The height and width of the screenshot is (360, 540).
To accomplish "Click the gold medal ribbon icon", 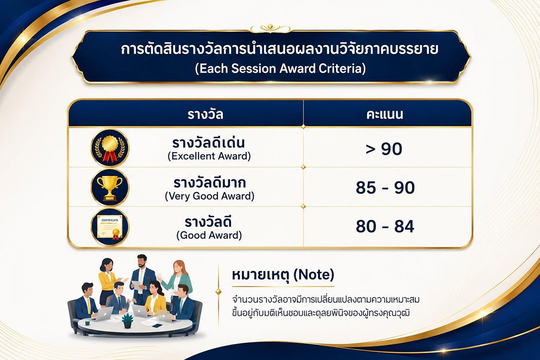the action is (110, 148).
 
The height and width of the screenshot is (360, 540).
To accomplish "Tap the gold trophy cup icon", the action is (110, 188).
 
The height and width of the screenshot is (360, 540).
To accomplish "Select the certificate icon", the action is (110, 227).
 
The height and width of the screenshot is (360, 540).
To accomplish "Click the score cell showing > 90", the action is (384, 149).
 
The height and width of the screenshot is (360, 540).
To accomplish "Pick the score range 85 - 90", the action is (385, 188).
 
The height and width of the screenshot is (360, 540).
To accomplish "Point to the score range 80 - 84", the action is (385, 226).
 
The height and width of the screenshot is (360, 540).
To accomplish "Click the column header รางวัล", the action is (205, 115).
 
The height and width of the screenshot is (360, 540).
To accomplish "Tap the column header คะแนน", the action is (385, 115).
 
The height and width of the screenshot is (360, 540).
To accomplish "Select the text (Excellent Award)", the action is (209, 156).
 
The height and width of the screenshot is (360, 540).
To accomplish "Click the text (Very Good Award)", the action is (210, 196).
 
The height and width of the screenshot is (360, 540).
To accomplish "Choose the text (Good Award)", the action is (209, 235).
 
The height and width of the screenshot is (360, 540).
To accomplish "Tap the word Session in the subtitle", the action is (254, 69).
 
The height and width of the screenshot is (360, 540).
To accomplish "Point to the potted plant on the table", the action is (127, 321).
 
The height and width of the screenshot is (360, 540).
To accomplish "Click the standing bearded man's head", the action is (142, 261).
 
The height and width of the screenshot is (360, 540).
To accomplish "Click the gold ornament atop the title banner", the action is (270, 29).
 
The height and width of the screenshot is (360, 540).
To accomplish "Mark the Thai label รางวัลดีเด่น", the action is (208, 143).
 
